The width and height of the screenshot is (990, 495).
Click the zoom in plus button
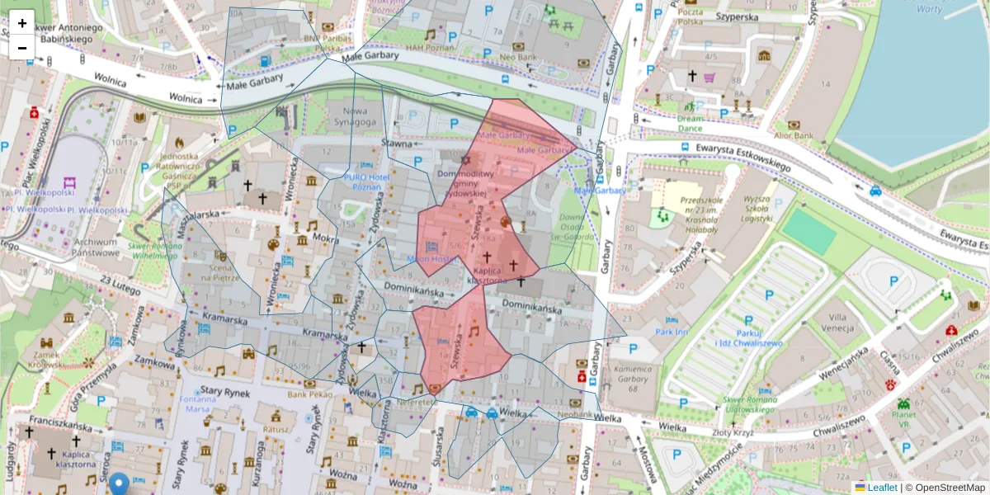22,22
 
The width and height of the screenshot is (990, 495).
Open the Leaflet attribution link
881,488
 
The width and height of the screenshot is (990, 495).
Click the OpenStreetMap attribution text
950,488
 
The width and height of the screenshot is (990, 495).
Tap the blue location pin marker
120,483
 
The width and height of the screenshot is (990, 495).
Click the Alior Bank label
793,135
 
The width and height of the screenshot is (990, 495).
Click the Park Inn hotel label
672,332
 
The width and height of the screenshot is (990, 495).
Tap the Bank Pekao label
309,395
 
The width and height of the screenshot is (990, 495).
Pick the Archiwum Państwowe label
97,247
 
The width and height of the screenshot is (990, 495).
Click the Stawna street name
396,144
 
